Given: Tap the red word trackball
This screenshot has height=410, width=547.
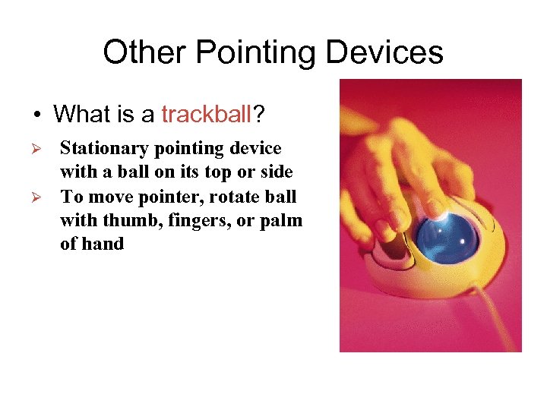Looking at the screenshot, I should point(205,115).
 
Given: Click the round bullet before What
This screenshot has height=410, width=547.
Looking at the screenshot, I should point(36,115).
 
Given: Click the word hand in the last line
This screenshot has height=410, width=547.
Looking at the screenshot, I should point(103,244).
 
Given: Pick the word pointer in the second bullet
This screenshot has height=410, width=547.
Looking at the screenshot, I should point(163,197).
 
